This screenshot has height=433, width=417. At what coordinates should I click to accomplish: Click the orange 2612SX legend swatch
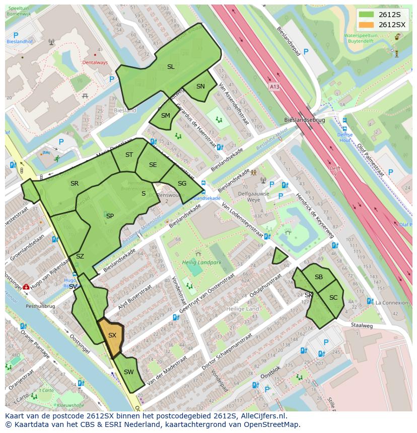coord(367,25)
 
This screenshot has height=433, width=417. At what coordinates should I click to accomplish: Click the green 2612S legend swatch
coord(367,15)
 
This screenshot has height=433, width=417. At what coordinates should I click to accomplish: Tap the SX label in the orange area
coord(112,335)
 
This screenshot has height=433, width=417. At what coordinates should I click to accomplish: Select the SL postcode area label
coord(171,66)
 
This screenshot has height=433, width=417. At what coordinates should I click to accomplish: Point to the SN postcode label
coord(200,86)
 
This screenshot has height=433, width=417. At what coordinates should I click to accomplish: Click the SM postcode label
coord(166,115)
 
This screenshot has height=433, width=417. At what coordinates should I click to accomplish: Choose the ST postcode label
coord(129,154)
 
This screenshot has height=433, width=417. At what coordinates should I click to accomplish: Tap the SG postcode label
coord(182,183)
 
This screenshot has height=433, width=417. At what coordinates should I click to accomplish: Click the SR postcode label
coord(75,183)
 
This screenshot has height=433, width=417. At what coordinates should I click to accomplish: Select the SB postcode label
coord(319,277)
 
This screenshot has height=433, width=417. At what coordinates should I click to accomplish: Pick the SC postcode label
coord(333,297)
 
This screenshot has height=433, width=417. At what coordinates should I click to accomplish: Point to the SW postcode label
coord(128,372)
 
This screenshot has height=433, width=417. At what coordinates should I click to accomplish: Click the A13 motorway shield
coord(274,86)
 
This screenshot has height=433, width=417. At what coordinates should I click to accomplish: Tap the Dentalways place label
coord(95,62)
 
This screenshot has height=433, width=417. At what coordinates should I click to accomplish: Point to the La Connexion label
coord(392,302)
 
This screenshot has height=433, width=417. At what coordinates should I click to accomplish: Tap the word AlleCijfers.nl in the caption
coord(262,416)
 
